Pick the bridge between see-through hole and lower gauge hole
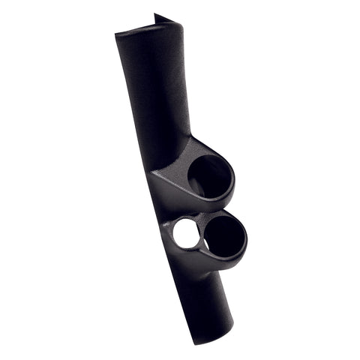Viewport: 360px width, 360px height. (202, 233)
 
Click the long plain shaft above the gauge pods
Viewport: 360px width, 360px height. (154, 90)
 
